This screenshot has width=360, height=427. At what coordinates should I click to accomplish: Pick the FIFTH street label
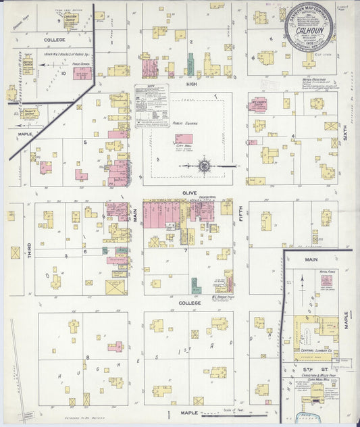pyautogui.click(x=240, y=218)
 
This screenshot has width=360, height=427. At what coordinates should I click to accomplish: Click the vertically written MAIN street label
pyautogui.click(x=135, y=216)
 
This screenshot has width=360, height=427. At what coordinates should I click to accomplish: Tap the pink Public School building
pyautogui.click(x=82, y=73)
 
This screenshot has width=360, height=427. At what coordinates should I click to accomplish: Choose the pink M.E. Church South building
pyautogui.click(x=257, y=105)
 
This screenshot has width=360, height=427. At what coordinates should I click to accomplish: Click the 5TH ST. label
pyautogui.click(x=313, y=370)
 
